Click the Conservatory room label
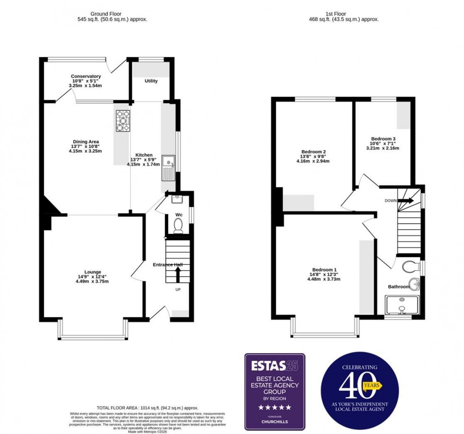[86, 76]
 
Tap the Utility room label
[151, 81]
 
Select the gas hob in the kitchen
[123, 121]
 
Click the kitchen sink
[168, 168]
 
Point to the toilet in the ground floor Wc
[178, 228]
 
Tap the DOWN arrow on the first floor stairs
[405, 200]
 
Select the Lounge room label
[92, 272]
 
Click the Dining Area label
[85, 142]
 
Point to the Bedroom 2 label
[313, 152]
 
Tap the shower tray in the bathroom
[402, 305]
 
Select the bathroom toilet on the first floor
[410, 266]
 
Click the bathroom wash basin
[414, 284]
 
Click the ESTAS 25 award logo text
[275, 366]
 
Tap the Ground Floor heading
[112, 14]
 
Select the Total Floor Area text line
[147, 407]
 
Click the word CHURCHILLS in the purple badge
[275, 422]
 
